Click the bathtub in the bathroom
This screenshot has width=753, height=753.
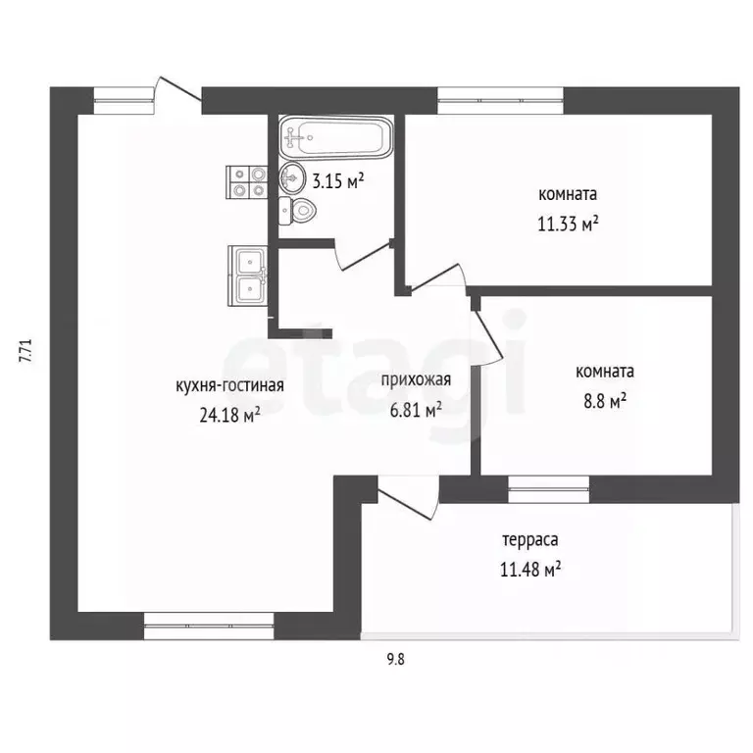coord(336,138)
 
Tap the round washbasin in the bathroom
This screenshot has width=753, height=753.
coord(292,177)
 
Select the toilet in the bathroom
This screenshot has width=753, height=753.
coord(297,211)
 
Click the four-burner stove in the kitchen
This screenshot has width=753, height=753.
coord(247,182)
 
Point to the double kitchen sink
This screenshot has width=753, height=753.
coord(248,276)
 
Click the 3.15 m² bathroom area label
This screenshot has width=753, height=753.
coord(338,181)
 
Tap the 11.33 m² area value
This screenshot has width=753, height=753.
coord(568,224)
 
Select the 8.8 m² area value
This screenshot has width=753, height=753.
coord(605,401)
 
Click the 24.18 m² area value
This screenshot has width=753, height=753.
coord(230,415)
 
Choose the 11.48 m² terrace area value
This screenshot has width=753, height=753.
coord(530,570)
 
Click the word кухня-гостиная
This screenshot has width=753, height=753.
coord(230,385)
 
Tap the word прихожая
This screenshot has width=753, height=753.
coord(416,380)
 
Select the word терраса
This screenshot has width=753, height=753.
coord(530,540)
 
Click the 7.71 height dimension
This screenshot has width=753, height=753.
coord(25,351)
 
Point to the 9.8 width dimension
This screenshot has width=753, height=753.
coord(396,659)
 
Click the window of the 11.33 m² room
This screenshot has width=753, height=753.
coord(500,100)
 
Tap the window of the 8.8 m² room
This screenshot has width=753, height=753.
coord(548,489)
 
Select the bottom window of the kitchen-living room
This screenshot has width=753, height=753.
coord(209,627)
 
